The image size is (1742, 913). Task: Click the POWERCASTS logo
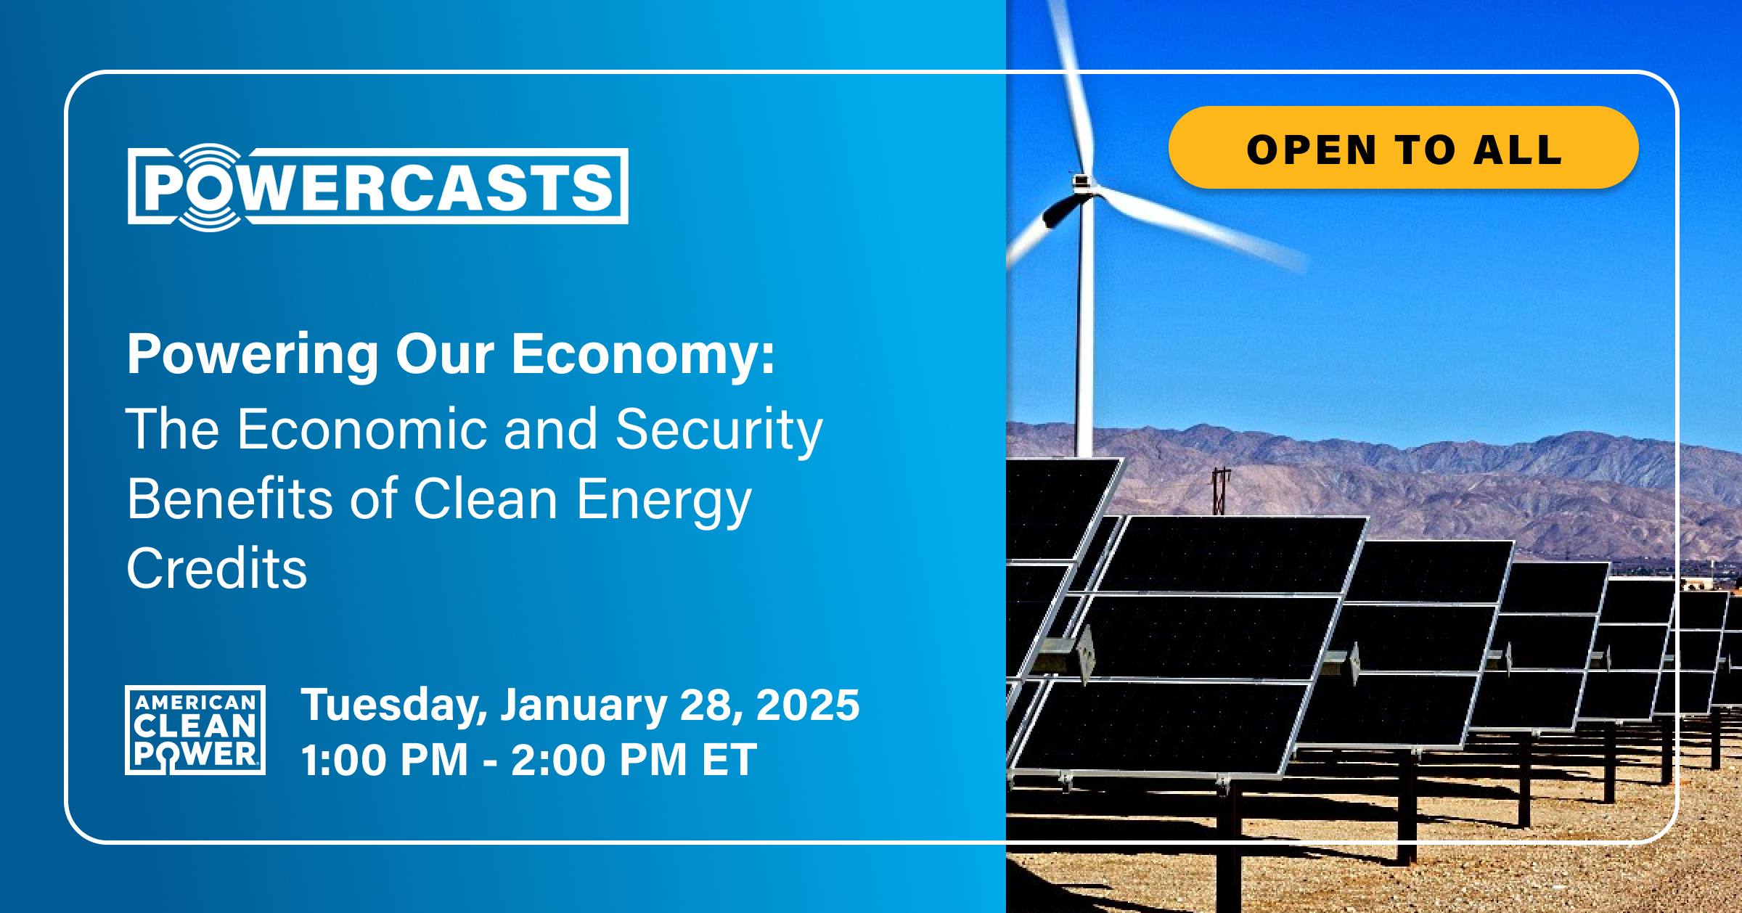(x=377, y=187)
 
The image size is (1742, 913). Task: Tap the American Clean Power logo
(x=195, y=729)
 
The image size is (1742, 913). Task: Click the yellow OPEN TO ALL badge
(x=1403, y=148)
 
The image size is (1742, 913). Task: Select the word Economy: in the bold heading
(x=643, y=355)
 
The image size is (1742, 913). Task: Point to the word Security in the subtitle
(x=719, y=430)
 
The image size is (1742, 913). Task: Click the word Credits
(x=216, y=568)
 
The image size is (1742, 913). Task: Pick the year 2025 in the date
(x=807, y=705)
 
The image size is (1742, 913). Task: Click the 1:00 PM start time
(x=384, y=760)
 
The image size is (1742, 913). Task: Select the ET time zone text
(x=729, y=760)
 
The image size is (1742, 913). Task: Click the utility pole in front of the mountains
(x=1221, y=491)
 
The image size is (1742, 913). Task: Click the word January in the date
(x=584, y=705)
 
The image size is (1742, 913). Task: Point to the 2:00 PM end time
(x=598, y=760)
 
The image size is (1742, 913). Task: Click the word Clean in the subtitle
(x=486, y=499)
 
